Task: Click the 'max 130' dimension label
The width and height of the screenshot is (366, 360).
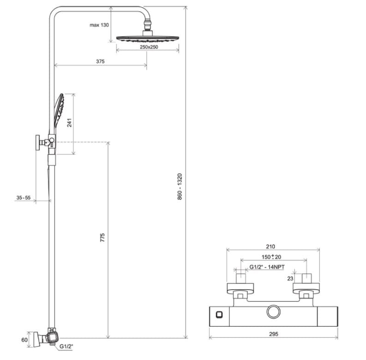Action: coord(99,25)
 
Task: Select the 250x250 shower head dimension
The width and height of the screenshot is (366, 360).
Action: coord(149,47)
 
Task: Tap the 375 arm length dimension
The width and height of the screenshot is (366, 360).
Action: coord(100,61)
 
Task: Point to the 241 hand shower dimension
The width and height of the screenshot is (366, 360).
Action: coord(70,122)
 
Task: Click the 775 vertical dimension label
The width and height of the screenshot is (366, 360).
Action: coord(102,238)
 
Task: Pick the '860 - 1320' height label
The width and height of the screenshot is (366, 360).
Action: coord(180,187)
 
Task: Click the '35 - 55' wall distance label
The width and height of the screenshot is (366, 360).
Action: coord(24,198)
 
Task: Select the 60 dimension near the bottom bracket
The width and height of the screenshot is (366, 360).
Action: coord(24,340)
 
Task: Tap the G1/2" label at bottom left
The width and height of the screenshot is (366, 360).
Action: coord(66,347)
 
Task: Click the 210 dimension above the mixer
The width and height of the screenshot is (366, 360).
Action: coord(270,246)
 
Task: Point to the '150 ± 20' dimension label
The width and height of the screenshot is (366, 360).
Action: coord(271,257)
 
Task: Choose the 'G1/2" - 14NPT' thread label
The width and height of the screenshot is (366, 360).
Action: coord(267,267)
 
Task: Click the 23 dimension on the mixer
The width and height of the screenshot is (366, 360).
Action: coord(290,279)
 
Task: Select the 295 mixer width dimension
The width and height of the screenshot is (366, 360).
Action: coord(274,334)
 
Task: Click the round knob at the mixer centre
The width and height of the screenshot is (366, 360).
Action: coord(274,312)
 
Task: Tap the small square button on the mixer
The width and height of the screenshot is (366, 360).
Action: coord(219,315)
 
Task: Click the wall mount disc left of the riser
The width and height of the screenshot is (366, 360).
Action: coord(37,142)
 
